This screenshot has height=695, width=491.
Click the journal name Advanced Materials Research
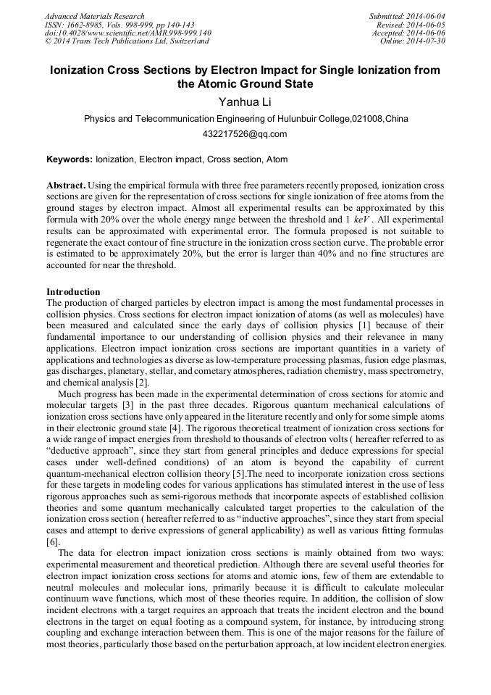tap(94, 16)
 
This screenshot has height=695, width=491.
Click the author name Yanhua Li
tap(245, 102)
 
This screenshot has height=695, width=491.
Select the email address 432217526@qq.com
tap(245, 134)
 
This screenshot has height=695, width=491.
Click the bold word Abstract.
tap(66, 185)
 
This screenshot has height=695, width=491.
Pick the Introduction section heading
tap(73, 291)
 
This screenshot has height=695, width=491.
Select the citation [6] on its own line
tap(52, 541)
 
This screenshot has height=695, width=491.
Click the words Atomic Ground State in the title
tap(245, 84)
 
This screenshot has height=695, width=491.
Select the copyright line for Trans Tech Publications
tap(127, 41)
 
